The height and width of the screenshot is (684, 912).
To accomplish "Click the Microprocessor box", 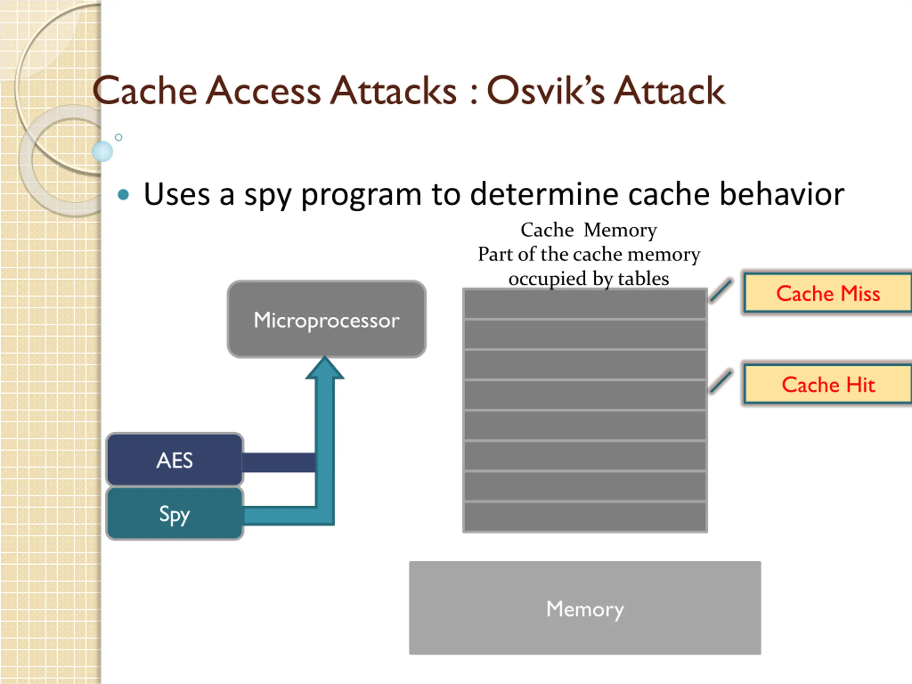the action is point(327,319).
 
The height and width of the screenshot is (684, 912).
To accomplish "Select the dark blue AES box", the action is point(175,460).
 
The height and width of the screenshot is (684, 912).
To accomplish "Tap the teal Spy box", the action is point(175,514).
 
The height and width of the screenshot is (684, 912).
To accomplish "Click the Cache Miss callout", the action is point(828,293).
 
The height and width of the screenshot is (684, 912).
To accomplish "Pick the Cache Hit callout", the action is point(828,384).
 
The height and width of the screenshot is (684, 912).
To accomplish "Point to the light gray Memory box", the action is point(585,608).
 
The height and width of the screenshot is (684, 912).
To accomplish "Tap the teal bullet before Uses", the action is point(123,195).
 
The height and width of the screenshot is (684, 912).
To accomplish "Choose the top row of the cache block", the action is point(585,304).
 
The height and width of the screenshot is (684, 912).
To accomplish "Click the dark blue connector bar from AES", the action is point(279,462).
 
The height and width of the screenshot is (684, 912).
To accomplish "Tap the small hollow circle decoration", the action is point(119,137).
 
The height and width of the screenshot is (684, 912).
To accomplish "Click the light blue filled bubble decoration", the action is point(102,151).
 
